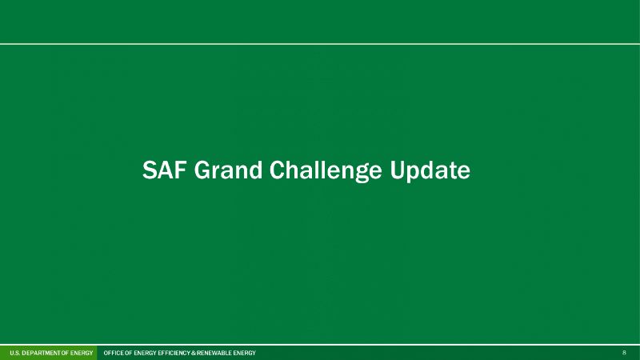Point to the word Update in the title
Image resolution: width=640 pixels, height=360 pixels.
click(x=430, y=171)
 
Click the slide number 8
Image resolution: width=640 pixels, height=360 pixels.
click(x=624, y=353)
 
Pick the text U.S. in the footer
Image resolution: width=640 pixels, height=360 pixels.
click(x=14, y=353)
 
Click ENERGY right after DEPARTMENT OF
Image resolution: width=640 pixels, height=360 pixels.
click(x=82, y=353)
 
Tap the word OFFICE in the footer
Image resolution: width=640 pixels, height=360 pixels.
click(x=114, y=353)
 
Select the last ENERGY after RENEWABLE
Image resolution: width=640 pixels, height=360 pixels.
click(x=245, y=353)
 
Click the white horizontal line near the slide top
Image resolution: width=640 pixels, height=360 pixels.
click(x=320, y=44)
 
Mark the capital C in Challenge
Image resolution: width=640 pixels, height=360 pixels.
click(x=276, y=170)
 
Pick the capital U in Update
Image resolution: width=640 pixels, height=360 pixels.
click(x=397, y=170)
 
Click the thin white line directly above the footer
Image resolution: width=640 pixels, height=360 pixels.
click(x=320, y=345)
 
